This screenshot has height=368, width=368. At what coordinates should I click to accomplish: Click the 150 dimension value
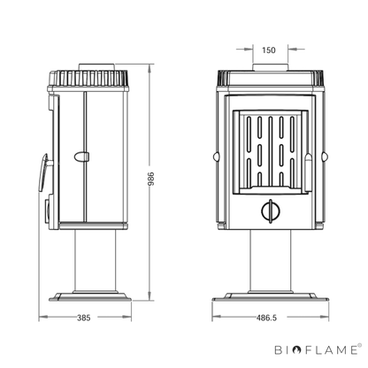click(x=268, y=50)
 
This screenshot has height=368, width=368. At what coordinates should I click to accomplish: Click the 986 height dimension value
click(x=150, y=179)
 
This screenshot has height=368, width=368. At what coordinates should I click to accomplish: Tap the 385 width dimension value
click(x=84, y=318)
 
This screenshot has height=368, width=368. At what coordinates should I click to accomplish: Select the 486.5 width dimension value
click(x=266, y=318)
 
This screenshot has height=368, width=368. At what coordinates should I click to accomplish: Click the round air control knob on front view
click(x=271, y=211)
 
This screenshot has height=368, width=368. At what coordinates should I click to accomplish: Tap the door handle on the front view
click(x=308, y=172)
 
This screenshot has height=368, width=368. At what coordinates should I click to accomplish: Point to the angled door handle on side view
click(x=43, y=172)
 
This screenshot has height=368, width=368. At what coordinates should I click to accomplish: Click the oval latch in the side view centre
click(x=81, y=157)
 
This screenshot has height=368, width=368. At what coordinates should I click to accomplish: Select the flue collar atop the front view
click(x=270, y=67)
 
